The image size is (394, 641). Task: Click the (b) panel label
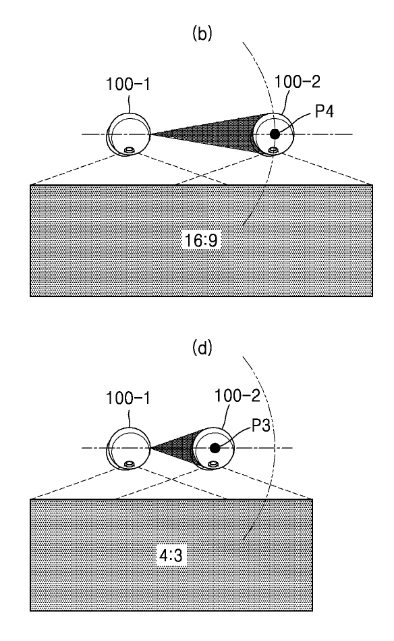(202, 34)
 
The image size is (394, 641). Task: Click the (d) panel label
(202, 349)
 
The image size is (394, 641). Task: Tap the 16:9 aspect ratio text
(201, 240)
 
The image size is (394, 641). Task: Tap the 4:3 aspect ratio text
(171, 556)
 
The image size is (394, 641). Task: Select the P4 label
(325, 111)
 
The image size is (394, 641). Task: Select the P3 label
(260, 425)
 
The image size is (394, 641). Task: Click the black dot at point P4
(275, 134)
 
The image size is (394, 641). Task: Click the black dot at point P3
(215, 448)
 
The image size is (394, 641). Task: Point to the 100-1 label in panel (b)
(128, 84)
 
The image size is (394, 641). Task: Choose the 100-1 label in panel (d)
(128, 398)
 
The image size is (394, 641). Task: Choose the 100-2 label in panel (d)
(237, 395)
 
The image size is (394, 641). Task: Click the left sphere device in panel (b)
(128, 134)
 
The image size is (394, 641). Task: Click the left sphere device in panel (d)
(128, 448)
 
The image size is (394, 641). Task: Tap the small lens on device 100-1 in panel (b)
(130, 151)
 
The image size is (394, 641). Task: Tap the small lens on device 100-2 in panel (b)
(273, 151)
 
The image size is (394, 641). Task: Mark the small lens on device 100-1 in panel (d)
(130, 465)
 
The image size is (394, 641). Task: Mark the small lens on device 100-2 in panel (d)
(213, 465)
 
